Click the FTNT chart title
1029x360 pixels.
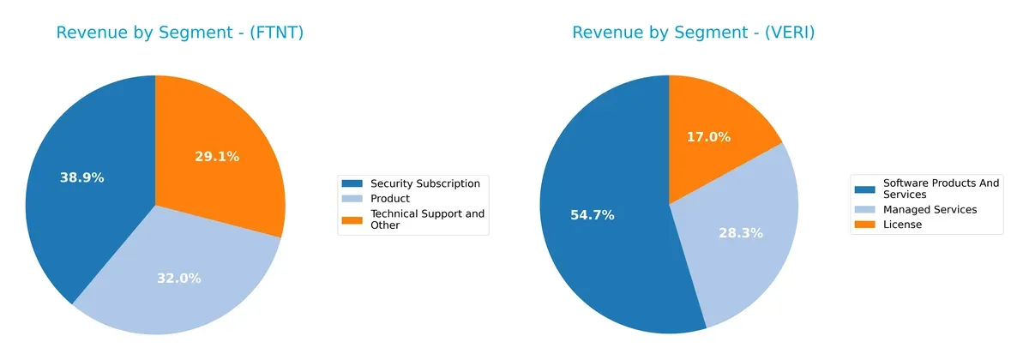180,33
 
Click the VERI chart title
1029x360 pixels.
693,33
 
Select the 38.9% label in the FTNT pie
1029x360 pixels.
81,178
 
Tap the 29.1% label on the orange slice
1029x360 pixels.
216,157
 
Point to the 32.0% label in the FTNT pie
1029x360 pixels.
178,278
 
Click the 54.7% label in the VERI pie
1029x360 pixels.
592,215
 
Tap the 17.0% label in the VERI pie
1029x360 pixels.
708,137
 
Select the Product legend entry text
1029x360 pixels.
389,199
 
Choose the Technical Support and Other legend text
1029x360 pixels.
426,219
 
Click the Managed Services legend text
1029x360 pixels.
930,209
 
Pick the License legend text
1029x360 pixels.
902,225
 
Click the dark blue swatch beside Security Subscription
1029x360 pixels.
352,183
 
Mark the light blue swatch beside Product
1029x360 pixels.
352,199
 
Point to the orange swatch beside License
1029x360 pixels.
865,225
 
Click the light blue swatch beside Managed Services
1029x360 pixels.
865,209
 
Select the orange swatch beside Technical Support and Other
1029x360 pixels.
352,219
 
